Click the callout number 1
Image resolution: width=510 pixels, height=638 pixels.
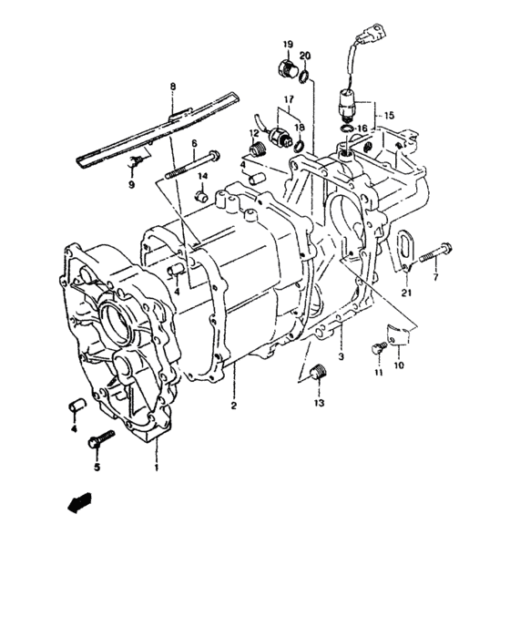(x=156, y=468)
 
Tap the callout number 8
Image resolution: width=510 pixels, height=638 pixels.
(x=170, y=87)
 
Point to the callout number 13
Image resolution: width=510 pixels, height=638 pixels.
(x=319, y=402)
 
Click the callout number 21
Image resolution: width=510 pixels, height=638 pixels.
(x=406, y=293)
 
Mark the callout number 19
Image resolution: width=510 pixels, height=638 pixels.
(x=287, y=45)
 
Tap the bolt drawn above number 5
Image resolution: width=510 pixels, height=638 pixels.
(x=99, y=442)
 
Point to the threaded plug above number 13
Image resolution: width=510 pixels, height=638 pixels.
(x=318, y=374)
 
